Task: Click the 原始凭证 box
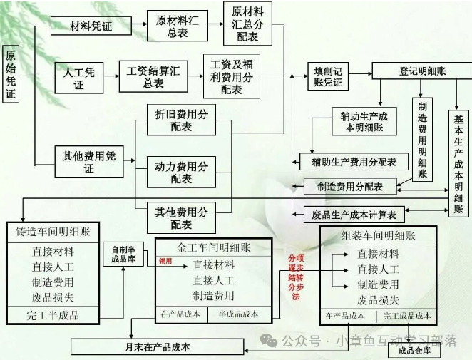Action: point(11,75)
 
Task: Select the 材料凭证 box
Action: point(91,26)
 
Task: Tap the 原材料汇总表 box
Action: point(177,26)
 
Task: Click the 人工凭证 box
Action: point(78,77)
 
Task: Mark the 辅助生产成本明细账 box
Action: point(364,121)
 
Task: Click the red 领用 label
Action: point(165,261)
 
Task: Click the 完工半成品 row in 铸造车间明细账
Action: point(53,315)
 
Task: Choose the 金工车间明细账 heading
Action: point(215,247)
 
